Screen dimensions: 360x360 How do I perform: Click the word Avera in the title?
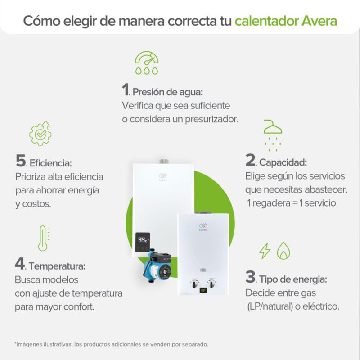pyautogui.click(x=319, y=21)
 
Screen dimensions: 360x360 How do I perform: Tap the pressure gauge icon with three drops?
pyautogui.click(x=147, y=63)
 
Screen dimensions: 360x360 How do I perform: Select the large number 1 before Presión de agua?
pyautogui.click(x=125, y=89)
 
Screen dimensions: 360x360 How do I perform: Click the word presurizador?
pyautogui.click(x=211, y=120)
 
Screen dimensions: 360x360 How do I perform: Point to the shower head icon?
pyautogui.click(x=273, y=135)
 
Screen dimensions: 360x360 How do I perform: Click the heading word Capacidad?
pyautogui.click(x=283, y=162)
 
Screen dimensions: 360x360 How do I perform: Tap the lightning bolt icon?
pyautogui.click(x=265, y=251)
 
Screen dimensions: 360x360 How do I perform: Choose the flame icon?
pyautogui.click(x=283, y=251)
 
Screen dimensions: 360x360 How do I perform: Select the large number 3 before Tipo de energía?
pyautogui.click(x=250, y=277)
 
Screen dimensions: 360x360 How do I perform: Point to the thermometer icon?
pyautogui.click(x=44, y=238)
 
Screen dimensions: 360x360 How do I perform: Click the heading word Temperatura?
pyautogui.click(x=57, y=266)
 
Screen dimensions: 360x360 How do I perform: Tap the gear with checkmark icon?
pyautogui.click(x=40, y=133)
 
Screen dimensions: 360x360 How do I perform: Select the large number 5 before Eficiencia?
pyautogui.click(x=21, y=161)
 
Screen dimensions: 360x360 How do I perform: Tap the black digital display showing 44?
pyautogui.click(x=143, y=242)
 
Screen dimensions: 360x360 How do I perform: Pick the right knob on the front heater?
pyautogui.click(x=211, y=284)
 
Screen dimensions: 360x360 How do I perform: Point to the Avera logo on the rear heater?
pyautogui.click(x=163, y=177)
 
